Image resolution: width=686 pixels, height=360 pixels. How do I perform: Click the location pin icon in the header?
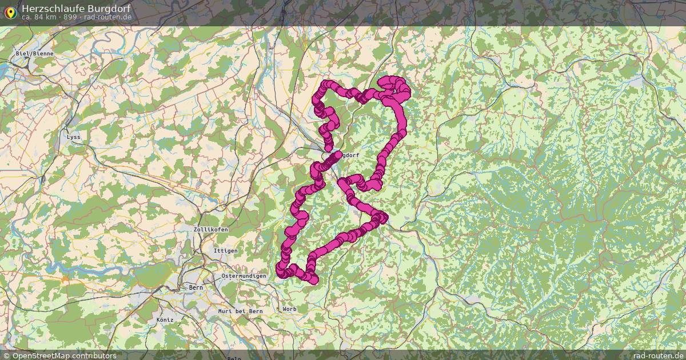10,12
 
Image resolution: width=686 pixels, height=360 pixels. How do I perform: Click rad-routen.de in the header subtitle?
108,17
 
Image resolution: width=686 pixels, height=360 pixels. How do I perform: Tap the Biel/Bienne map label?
34,53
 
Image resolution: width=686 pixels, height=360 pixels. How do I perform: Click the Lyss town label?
74,137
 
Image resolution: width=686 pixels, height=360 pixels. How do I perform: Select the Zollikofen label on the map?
211,229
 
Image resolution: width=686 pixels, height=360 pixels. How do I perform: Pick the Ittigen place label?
225,251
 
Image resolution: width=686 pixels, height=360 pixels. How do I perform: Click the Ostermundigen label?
244,276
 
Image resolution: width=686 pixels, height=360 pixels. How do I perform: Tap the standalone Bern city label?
196,287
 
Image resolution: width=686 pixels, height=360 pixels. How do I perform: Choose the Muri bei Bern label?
240,311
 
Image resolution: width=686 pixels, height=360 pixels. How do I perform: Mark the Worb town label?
289,309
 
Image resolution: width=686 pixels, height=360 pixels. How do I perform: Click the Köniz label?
165,320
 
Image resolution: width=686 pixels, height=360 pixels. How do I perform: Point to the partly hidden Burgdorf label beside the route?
351,155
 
